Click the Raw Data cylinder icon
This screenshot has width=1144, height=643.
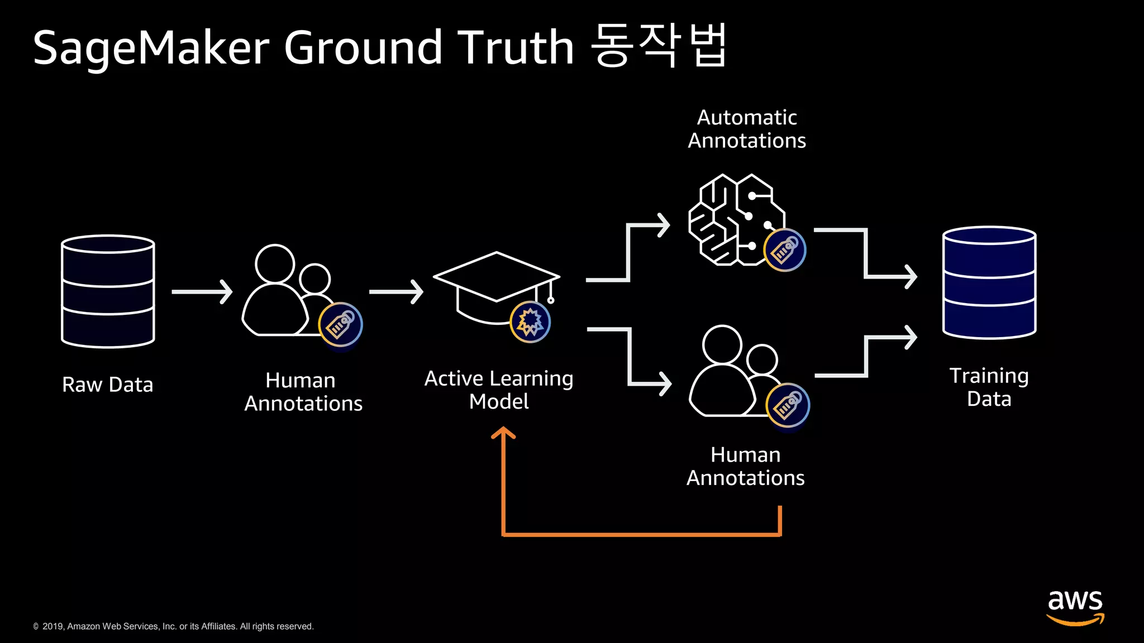108,291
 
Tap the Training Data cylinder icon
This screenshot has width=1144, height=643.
989,282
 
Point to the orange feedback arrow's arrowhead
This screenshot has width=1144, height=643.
503,433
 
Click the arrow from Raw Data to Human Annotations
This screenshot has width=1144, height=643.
202,292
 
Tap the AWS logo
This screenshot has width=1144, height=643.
1075,607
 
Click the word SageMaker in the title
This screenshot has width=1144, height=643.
151,47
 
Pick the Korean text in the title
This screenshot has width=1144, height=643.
659,46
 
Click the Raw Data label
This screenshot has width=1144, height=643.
107,385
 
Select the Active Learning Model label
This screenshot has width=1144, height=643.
499,390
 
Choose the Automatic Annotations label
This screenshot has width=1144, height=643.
747,129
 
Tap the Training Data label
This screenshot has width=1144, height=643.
989,387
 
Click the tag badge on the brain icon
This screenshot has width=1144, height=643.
785,250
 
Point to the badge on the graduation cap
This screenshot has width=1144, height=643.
530,322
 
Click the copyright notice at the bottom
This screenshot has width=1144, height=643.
173,626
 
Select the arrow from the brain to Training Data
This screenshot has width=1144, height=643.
866,254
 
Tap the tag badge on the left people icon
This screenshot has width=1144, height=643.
340,324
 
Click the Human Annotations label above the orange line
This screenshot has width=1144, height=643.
745,466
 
